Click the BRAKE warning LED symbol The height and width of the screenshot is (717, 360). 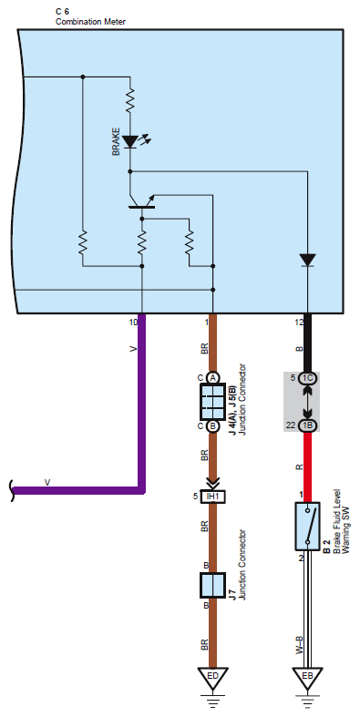(131, 141)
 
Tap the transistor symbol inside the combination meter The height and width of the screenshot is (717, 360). (142, 202)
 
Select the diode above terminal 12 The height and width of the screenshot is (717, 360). (307, 260)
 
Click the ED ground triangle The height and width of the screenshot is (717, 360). (212, 678)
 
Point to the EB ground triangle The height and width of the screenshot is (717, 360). (307, 678)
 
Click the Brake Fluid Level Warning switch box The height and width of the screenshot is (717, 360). (307, 527)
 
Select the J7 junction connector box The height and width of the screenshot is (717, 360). (212, 585)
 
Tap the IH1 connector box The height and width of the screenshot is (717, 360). (212, 497)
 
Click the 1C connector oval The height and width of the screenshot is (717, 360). (307, 378)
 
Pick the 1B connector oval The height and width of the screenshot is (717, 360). (307, 425)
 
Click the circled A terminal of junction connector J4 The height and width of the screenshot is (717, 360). (212, 378)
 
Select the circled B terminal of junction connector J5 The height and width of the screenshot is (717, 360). (212, 426)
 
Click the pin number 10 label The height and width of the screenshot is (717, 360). (133, 323)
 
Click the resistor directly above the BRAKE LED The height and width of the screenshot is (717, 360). (130, 100)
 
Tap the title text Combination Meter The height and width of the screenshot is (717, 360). (90, 22)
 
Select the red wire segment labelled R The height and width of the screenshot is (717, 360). (307, 466)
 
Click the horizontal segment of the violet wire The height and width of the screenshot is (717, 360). (77, 491)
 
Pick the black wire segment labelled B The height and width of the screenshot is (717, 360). (307, 343)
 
